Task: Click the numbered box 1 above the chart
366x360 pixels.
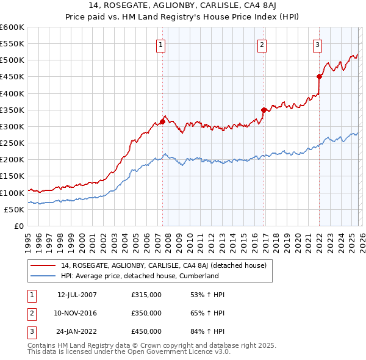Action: coord(160,44)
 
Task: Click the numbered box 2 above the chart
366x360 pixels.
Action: coord(261,44)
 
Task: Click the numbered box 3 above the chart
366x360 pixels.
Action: coord(318,44)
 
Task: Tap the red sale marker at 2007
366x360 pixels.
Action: coord(163,121)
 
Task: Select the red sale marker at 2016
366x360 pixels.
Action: coord(264,110)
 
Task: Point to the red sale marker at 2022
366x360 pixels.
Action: coord(319,76)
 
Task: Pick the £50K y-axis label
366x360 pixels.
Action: coord(14,209)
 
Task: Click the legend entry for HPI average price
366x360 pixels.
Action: coord(139,276)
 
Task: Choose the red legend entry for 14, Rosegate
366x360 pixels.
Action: coord(163,265)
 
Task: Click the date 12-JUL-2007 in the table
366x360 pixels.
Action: coord(77,295)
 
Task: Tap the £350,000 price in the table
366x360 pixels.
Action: coord(146,313)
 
